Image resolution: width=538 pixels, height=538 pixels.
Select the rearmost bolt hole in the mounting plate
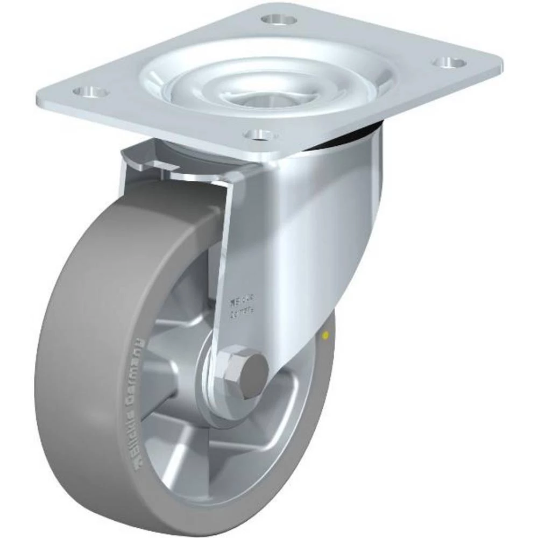[279, 20]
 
